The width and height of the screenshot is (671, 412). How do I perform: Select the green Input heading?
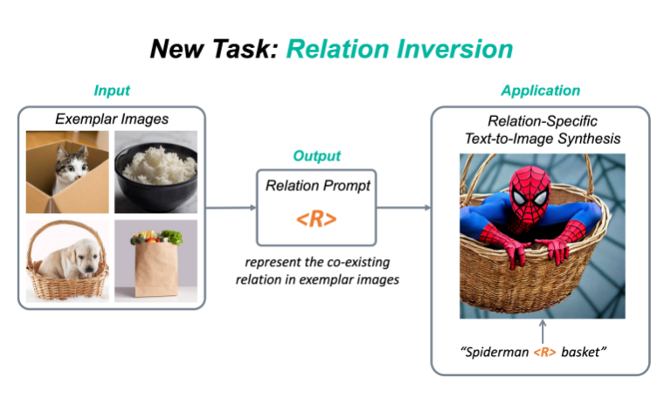tap(113, 91)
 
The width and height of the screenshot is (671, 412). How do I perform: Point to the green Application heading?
tap(540, 91)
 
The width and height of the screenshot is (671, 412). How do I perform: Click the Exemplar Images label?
tap(112, 117)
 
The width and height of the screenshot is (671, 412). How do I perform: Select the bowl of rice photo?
tap(156, 171)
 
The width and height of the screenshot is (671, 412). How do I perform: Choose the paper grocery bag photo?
tap(156, 260)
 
